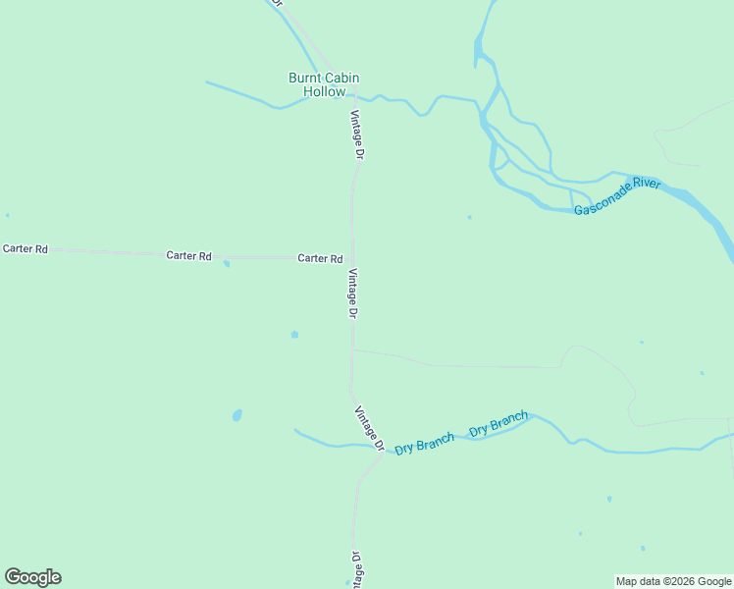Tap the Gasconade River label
617,196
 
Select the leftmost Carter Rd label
26,249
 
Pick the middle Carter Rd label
188,256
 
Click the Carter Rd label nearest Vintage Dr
320,258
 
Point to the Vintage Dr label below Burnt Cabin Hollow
358,134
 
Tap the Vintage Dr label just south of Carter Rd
353,294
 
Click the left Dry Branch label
424,444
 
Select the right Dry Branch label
498,425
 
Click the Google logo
32,577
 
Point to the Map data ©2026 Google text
673,581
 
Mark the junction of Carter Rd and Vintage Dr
351,257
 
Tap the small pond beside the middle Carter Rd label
227,263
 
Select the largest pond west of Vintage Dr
237,415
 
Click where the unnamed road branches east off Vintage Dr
352,349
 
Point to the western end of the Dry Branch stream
295,429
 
